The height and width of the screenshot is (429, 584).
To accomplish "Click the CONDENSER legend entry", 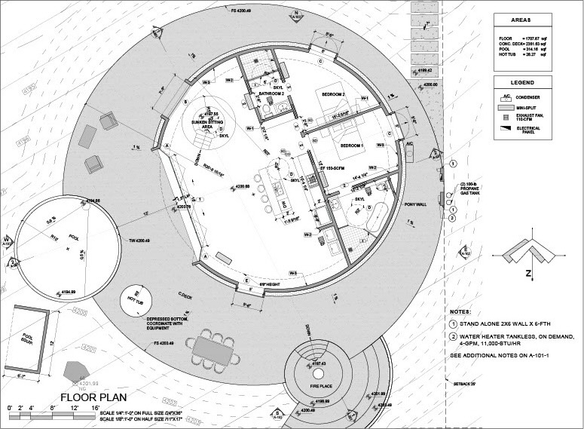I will pyautogui.click(x=532, y=97).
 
